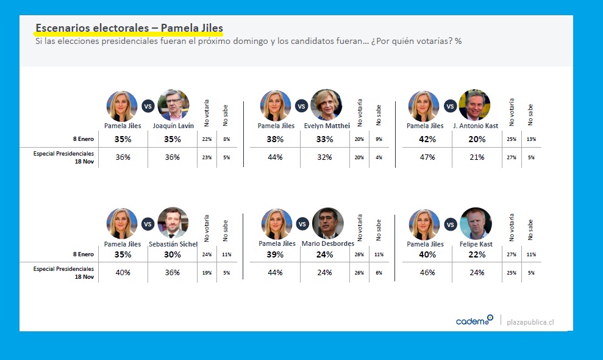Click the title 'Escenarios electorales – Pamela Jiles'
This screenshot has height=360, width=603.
[129, 29]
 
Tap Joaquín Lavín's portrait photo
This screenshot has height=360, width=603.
[173, 106]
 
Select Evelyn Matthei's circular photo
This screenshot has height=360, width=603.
[326, 106]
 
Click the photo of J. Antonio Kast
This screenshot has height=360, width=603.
[474, 106]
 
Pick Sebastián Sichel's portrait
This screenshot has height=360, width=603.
[173, 223]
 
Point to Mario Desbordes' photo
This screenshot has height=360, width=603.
[327, 223]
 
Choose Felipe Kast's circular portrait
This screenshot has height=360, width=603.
[476, 223]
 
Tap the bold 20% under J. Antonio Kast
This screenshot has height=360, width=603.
[476, 139]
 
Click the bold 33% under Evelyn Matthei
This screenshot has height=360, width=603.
[324, 139]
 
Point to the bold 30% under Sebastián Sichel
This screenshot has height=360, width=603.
[173, 254]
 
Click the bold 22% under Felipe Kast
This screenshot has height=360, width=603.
[476, 254]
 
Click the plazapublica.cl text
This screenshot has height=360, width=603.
[530, 322]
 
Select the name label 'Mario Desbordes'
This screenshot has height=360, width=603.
[328, 244]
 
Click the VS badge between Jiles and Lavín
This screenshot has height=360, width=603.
[147, 106]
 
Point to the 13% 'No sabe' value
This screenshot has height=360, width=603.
[531, 139]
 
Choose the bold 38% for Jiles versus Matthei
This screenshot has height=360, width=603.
[275, 139]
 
